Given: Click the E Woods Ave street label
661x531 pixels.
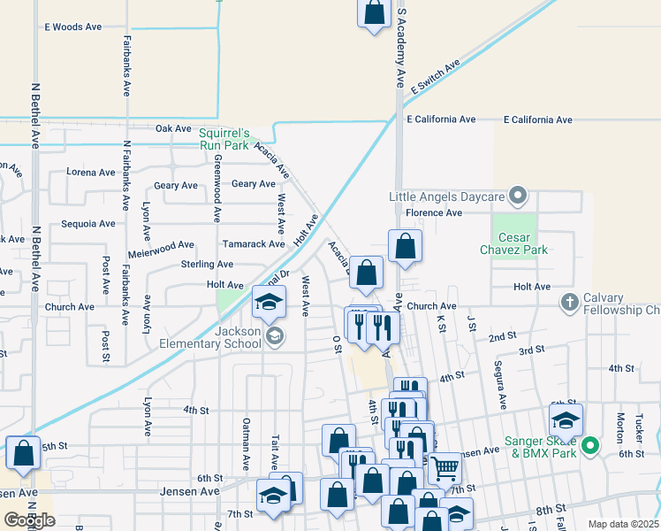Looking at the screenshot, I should click(74, 27).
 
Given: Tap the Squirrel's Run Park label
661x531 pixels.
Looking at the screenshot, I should click(224, 139).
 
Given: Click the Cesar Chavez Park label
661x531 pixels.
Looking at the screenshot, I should click(514, 243).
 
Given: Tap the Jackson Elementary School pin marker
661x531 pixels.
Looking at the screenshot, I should click(275, 335).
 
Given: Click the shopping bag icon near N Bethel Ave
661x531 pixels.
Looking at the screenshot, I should click(23, 453).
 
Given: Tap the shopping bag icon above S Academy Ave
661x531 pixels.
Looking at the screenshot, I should click(374, 12).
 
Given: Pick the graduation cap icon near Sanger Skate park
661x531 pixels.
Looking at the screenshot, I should click(566, 419).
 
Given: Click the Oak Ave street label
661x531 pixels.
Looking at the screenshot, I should click(173, 128).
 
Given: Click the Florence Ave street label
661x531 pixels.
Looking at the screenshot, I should click(434, 213).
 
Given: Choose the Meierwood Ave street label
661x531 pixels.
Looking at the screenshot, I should click(161, 245).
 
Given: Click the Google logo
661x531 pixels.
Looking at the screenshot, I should click(30, 521).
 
